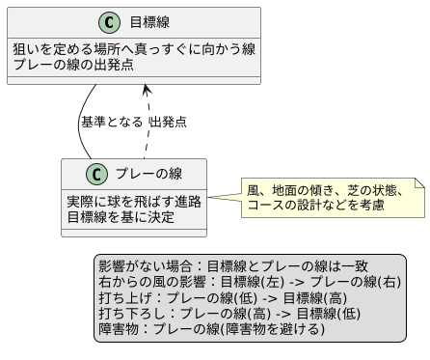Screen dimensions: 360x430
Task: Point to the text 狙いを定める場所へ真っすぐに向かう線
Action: [x=133, y=49]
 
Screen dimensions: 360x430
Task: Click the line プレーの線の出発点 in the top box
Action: [x=73, y=65]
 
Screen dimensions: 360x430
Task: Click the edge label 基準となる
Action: [x=111, y=122]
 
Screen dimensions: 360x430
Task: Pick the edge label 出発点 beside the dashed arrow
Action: [x=168, y=122]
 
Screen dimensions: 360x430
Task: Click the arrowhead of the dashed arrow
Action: [x=146, y=90]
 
